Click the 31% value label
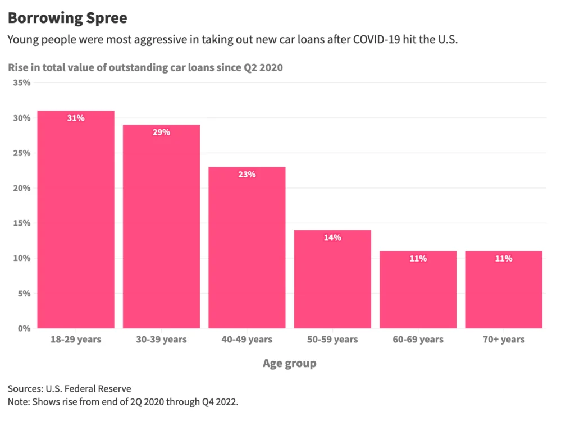[76, 118]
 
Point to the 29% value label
[161, 132]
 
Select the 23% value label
[247, 175]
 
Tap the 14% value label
[332, 237]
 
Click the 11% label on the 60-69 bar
[418, 259]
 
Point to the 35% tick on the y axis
[21, 82]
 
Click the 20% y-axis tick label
[21, 188]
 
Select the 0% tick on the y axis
[23, 328]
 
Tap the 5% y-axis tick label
[23, 293]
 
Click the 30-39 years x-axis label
[161, 340]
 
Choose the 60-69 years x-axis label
[418, 340]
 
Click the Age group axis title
[289, 363]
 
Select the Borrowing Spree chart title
[67, 18]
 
